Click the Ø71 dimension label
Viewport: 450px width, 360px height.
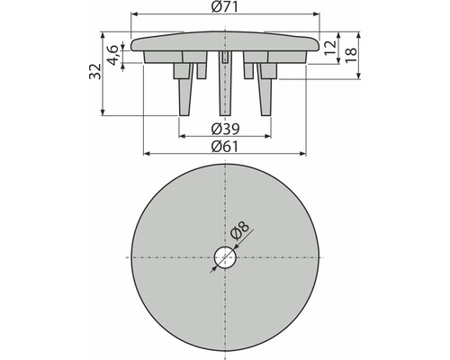226,8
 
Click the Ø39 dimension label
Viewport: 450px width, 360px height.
225,126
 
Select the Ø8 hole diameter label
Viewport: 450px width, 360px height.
240,232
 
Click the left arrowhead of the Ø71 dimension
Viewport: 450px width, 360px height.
134,15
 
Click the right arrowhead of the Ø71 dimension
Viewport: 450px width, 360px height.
317,15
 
